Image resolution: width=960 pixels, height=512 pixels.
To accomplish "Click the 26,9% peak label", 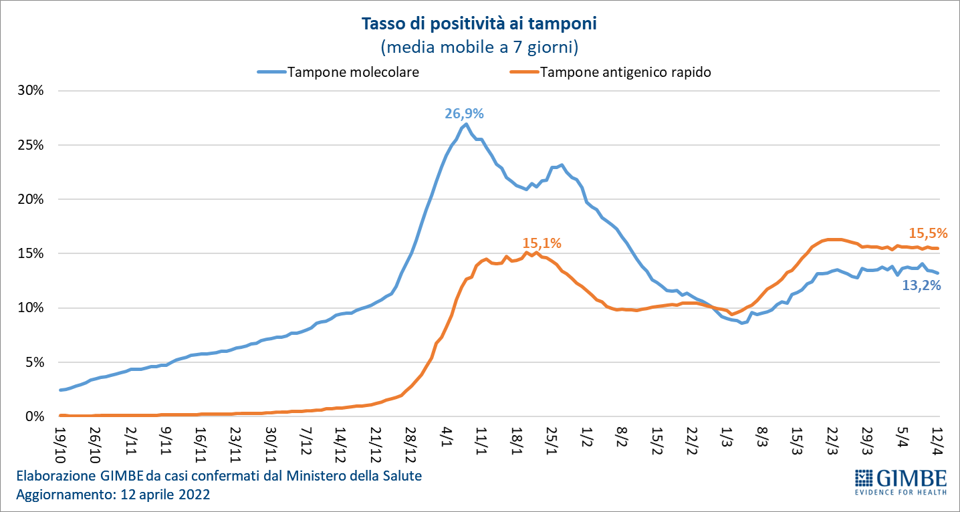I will (x=464, y=114).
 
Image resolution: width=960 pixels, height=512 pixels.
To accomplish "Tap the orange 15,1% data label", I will (x=542, y=243).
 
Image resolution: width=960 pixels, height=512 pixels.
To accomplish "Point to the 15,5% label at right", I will (x=928, y=233).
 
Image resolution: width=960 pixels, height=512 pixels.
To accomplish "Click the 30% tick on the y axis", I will (x=30, y=91).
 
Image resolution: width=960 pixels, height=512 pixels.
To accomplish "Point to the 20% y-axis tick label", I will (x=30, y=199).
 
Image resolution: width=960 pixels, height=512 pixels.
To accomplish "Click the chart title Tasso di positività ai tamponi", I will (x=479, y=25).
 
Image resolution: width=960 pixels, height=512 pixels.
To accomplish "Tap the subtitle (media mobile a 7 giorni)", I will (x=479, y=47).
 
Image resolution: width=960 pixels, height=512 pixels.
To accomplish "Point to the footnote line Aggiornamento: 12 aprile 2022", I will (x=113, y=495).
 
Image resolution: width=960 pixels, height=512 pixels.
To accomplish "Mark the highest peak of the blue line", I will (x=466, y=124).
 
